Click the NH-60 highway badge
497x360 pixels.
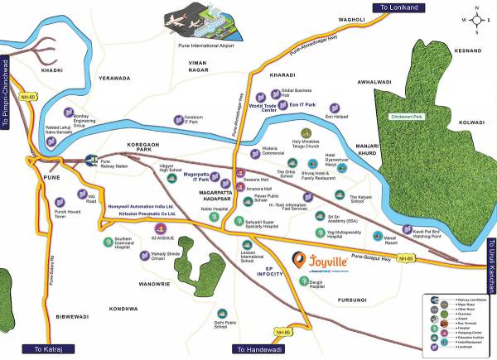point(29,96)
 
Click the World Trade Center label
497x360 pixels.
point(263,108)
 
